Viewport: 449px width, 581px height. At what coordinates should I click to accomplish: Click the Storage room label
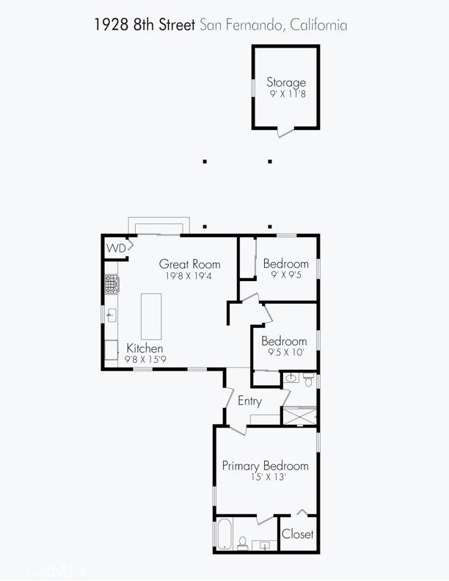click(x=286, y=82)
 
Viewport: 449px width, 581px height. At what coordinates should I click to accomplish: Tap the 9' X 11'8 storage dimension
click(x=288, y=93)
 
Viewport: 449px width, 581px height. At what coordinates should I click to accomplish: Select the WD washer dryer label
click(x=116, y=248)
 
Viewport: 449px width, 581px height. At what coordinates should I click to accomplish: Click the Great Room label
click(x=189, y=264)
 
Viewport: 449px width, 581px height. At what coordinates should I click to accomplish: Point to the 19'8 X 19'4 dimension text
click(x=189, y=276)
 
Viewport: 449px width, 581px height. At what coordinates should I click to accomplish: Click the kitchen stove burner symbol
click(x=112, y=284)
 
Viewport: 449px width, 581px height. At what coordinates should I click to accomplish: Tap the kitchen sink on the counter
click(x=111, y=315)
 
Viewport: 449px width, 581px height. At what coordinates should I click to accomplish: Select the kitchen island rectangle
click(x=151, y=316)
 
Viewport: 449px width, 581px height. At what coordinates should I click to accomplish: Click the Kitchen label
click(x=145, y=348)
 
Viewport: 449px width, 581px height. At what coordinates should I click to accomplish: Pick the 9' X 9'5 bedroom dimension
click(x=286, y=275)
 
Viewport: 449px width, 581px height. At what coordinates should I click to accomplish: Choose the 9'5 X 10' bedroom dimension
click(x=285, y=352)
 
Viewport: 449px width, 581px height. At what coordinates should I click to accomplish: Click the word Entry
click(x=249, y=401)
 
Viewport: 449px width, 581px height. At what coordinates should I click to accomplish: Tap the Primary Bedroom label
click(x=266, y=466)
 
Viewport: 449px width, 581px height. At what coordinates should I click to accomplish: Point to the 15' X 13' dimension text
click(x=269, y=477)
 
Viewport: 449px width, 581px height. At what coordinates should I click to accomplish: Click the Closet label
click(x=297, y=534)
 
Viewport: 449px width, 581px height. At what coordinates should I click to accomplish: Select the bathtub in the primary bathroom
click(x=225, y=533)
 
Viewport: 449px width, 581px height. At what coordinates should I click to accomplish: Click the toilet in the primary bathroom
click(x=243, y=543)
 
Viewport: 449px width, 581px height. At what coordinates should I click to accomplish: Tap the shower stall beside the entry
click(x=299, y=416)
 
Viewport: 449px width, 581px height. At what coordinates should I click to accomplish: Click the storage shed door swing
click(x=285, y=132)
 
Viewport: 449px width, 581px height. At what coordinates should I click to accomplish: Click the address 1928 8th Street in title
click(x=145, y=25)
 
